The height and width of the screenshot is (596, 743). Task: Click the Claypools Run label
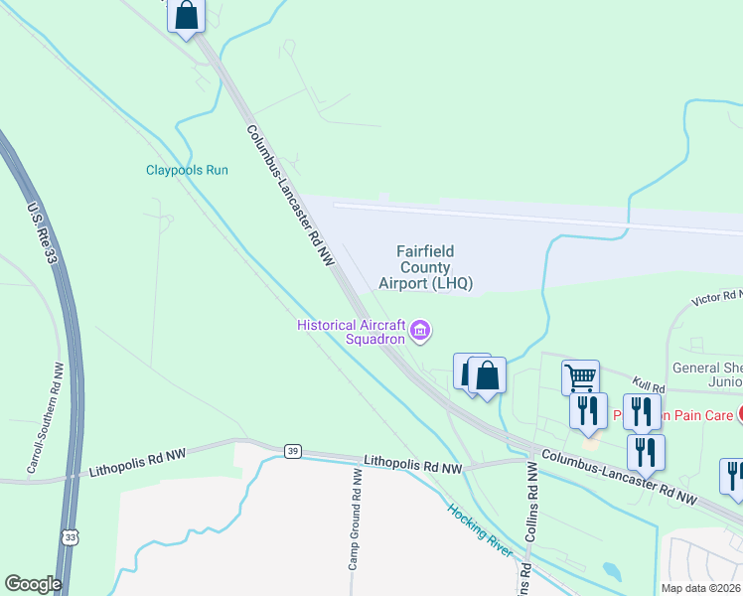coord(188,170)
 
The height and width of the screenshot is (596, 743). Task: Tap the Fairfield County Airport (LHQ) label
coord(425,268)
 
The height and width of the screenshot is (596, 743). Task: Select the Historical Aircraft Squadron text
coord(354,331)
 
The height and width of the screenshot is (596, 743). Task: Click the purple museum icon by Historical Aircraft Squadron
coord(421,330)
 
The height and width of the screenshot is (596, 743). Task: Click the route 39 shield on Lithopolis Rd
coord(292,452)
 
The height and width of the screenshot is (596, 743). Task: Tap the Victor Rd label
coord(718,297)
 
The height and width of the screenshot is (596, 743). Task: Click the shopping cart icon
coord(580,376)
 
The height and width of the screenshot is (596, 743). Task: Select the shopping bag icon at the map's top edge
coord(186,15)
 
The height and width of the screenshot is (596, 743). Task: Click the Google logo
coord(33,584)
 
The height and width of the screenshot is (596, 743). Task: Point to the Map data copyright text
coord(700,588)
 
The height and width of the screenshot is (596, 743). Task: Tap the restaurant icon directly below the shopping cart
coord(588,409)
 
